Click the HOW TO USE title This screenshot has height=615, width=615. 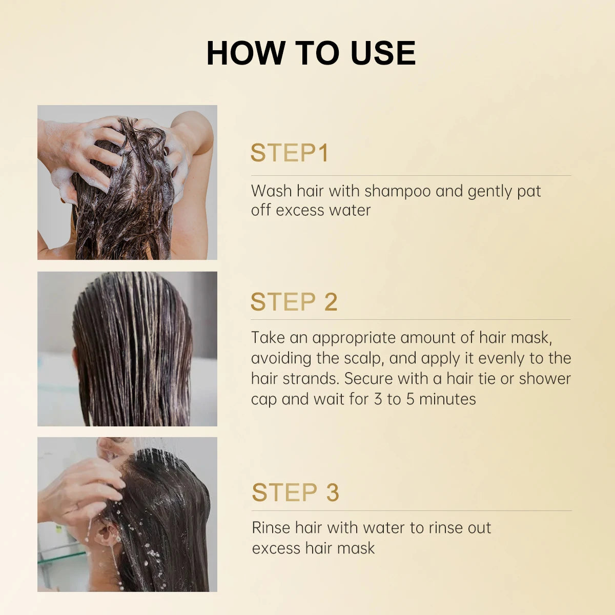pyautogui.click(x=311, y=53)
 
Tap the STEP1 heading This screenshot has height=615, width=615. pyautogui.click(x=289, y=153)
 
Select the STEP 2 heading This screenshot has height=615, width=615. pyautogui.click(x=294, y=302)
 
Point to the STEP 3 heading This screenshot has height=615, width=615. pyautogui.click(x=295, y=493)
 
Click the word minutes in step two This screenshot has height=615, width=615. pyautogui.click(x=447, y=399)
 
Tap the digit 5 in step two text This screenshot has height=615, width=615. pyautogui.click(x=410, y=399)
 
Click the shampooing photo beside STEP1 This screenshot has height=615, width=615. pyautogui.click(x=127, y=182)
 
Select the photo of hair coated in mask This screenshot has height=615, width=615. pyautogui.click(x=127, y=348)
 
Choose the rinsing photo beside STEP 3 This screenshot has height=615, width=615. pyautogui.click(x=127, y=514)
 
